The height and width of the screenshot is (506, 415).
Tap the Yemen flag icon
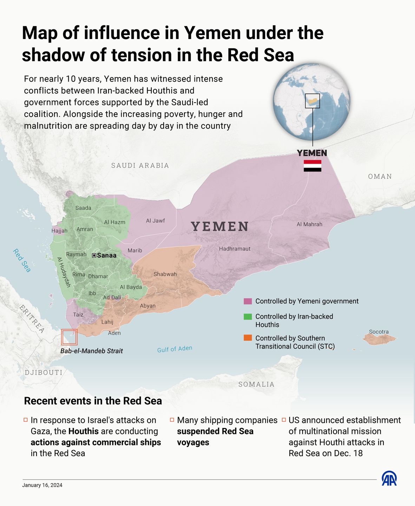click(x=312, y=166)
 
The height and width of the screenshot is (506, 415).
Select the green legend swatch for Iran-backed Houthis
click(x=248, y=317)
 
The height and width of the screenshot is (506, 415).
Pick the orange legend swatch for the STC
click(x=248, y=338)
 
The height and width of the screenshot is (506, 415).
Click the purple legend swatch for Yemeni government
click(x=248, y=301)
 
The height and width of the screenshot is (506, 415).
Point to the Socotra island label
click(x=379, y=332)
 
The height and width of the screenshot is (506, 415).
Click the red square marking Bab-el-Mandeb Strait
click(x=69, y=337)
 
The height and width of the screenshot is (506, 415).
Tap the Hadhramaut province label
click(x=235, y=249)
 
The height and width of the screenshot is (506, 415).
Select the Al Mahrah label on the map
click(x=309, y=224)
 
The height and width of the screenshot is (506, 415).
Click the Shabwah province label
click(x=165, y=274)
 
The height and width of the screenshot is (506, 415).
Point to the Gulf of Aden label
click(x=174, y=349)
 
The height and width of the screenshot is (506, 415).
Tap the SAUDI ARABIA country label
click(x=140, y=166)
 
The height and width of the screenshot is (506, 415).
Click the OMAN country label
click(x=380, y=176)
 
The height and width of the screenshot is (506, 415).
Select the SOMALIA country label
click(x=256, y=384)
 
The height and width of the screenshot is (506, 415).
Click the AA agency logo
click(x=389, y=479)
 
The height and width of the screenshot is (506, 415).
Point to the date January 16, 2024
click(x=42, y=485)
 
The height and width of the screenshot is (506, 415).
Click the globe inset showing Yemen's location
click(x=312, y=102)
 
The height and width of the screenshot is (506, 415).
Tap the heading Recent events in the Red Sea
click(x=93, y=401)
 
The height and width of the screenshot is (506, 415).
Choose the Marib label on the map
click(x=135, y=251)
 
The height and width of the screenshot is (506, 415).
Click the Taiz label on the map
click(x=78, y=314)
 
